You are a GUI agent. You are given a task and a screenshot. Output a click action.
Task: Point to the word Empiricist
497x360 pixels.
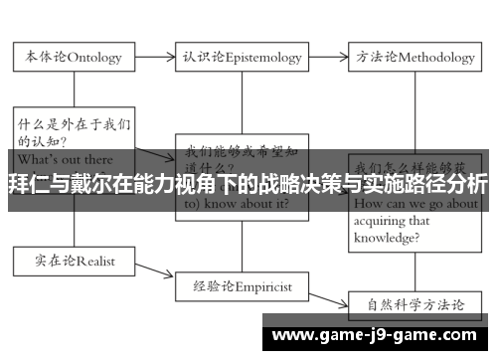pyautogui.click(x=264, y=284)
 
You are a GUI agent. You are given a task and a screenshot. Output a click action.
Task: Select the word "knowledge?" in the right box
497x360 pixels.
pyautogui.click(x=388, y=238)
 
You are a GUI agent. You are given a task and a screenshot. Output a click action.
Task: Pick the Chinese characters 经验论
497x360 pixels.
pyautogui.click(x=216, y=284)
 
